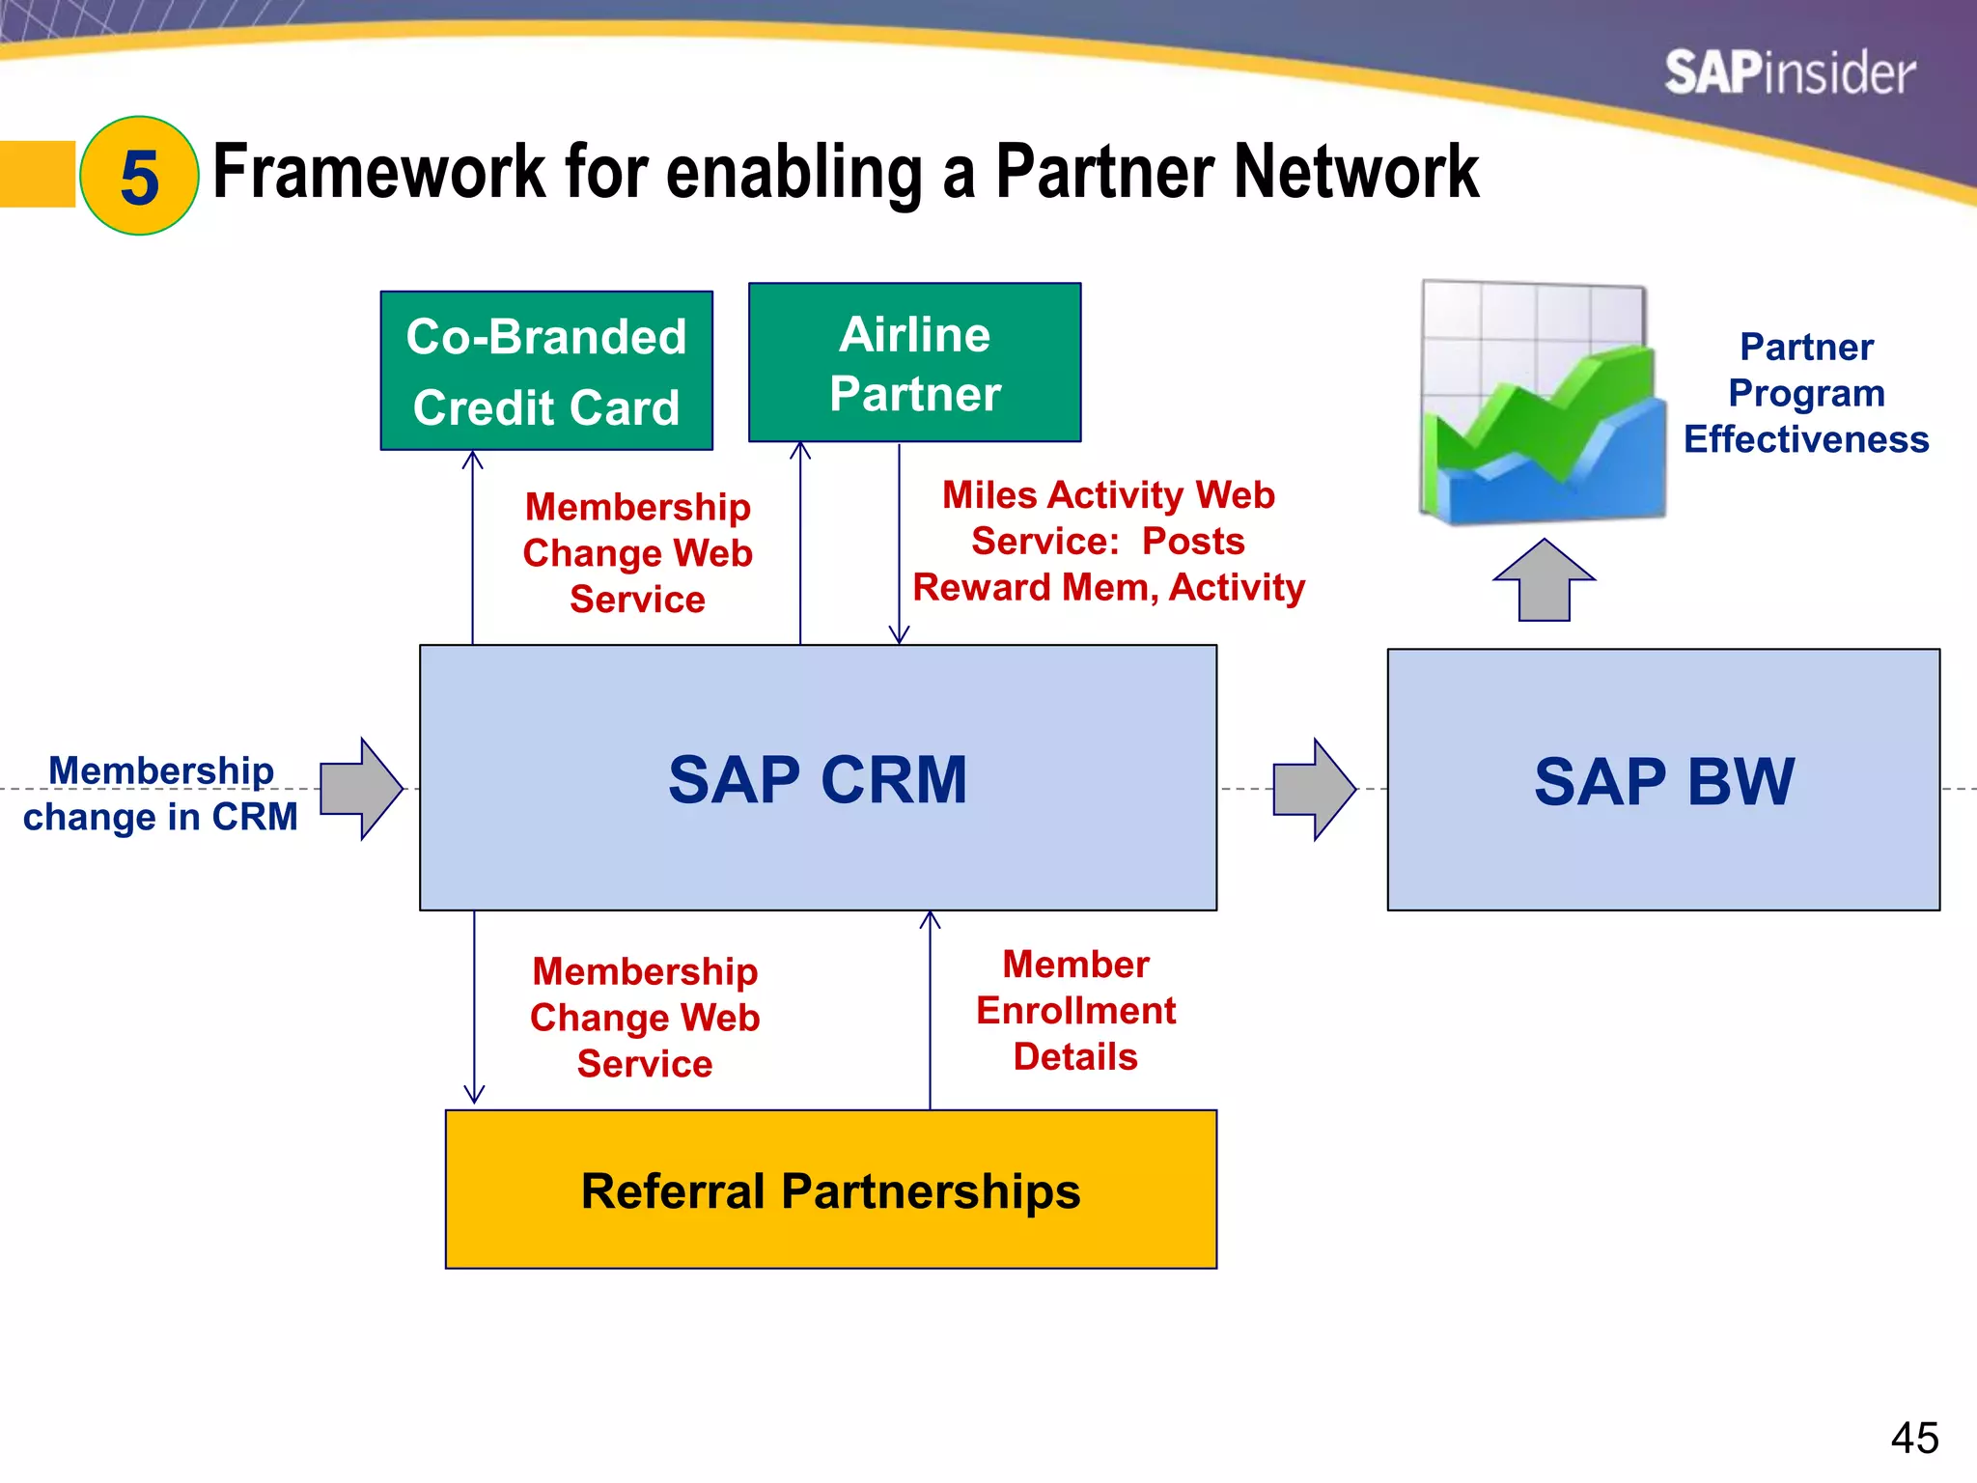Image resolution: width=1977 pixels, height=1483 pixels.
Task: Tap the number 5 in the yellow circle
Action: pos(140,178)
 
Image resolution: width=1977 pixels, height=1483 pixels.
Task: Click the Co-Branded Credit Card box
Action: pos(546,371)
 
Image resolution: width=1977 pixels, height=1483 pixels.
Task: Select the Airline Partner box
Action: pos(914,363)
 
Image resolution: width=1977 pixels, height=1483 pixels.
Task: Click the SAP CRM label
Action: pos(818,780)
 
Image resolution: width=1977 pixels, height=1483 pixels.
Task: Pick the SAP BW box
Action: pos(1663,780)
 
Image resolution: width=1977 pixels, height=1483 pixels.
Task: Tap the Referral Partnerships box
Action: pos(830,1189)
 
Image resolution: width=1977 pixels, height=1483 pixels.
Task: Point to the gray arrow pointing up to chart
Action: pos(1544,581)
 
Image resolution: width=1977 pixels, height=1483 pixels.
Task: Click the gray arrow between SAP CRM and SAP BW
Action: pos(1313,789)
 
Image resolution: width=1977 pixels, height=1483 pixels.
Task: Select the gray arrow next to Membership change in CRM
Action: pos(360,789)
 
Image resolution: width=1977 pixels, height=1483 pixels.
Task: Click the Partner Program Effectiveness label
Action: pos(1806,393)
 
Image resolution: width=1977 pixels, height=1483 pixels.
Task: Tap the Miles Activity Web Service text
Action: pos(1108,542)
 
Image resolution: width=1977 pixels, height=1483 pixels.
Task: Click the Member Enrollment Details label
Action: pos(1075,1011)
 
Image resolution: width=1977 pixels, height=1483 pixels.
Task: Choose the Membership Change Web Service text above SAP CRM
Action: pos(637,553)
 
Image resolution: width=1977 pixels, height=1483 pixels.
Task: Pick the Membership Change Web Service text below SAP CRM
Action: pos(645,1018)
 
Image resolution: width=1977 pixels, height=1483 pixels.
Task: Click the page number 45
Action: pos(1914,1439)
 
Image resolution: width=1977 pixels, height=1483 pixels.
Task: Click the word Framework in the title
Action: pos(379,172)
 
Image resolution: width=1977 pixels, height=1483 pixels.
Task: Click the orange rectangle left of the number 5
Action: pos(37,174)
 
